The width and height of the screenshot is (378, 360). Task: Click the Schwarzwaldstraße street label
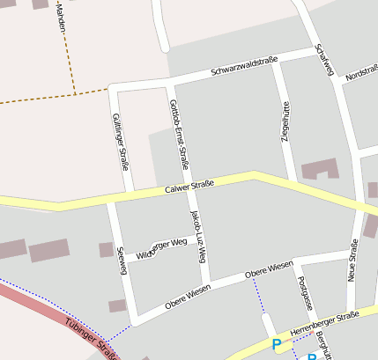244,66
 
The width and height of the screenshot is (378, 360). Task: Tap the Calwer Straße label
189,187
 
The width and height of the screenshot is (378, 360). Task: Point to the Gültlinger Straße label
122,141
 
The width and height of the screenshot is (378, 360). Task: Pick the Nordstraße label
361,74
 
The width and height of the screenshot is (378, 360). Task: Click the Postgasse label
306,293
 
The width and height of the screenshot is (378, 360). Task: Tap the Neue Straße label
352,265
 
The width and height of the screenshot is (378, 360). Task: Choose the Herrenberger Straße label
325,321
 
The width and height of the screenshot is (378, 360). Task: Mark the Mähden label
60,18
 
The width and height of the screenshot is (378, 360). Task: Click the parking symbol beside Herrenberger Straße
277,344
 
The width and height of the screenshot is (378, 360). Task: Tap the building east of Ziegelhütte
319,169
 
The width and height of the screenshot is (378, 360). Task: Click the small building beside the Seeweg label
106,249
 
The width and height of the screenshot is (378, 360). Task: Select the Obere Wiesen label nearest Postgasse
269,269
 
